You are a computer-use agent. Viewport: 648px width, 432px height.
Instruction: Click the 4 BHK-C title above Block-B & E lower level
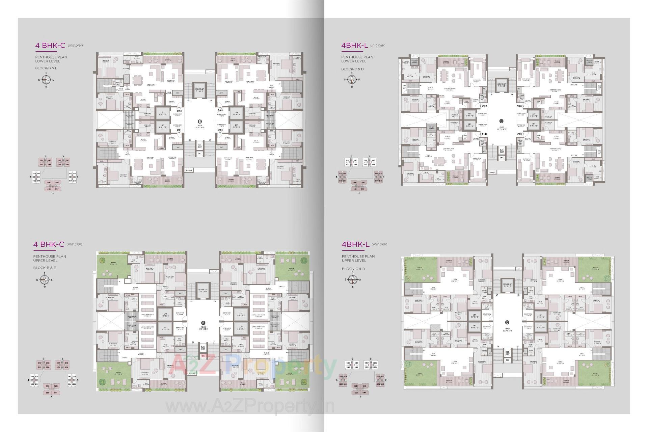pos(50,46)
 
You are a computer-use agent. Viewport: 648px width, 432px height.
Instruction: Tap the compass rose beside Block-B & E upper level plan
pos(44,279)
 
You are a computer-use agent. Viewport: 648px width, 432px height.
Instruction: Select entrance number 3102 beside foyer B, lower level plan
pos(179,110)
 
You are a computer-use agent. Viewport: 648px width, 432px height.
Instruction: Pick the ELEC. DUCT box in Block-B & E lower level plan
pos(199,145)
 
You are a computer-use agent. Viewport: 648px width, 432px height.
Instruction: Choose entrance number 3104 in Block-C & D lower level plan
pos(519,134)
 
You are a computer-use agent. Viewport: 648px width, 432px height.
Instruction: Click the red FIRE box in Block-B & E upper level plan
pos(203,356)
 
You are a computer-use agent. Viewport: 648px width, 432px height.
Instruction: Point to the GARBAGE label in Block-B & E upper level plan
pos(192,373)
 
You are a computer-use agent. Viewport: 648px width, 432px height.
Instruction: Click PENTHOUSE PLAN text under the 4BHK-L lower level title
pos(357,57)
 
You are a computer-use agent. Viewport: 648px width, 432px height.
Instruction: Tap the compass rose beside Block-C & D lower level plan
pos(352,80)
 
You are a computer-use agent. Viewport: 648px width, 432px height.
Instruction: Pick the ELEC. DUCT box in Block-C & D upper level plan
pos(507,353)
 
